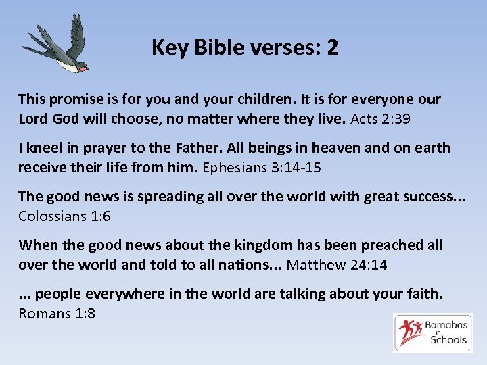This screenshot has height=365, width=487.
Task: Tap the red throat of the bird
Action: (x=83, y=68)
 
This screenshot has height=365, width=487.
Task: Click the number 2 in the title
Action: (x=332, y=48)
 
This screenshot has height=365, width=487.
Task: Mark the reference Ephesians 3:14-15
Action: (x=261, y=168)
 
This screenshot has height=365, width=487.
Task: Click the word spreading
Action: (x=167, y=197)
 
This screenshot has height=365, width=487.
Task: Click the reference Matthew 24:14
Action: (x=337, y=265)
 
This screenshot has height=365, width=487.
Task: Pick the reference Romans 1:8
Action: (x=57, y=314)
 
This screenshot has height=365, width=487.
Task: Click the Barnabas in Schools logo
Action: (x=434, y=333)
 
